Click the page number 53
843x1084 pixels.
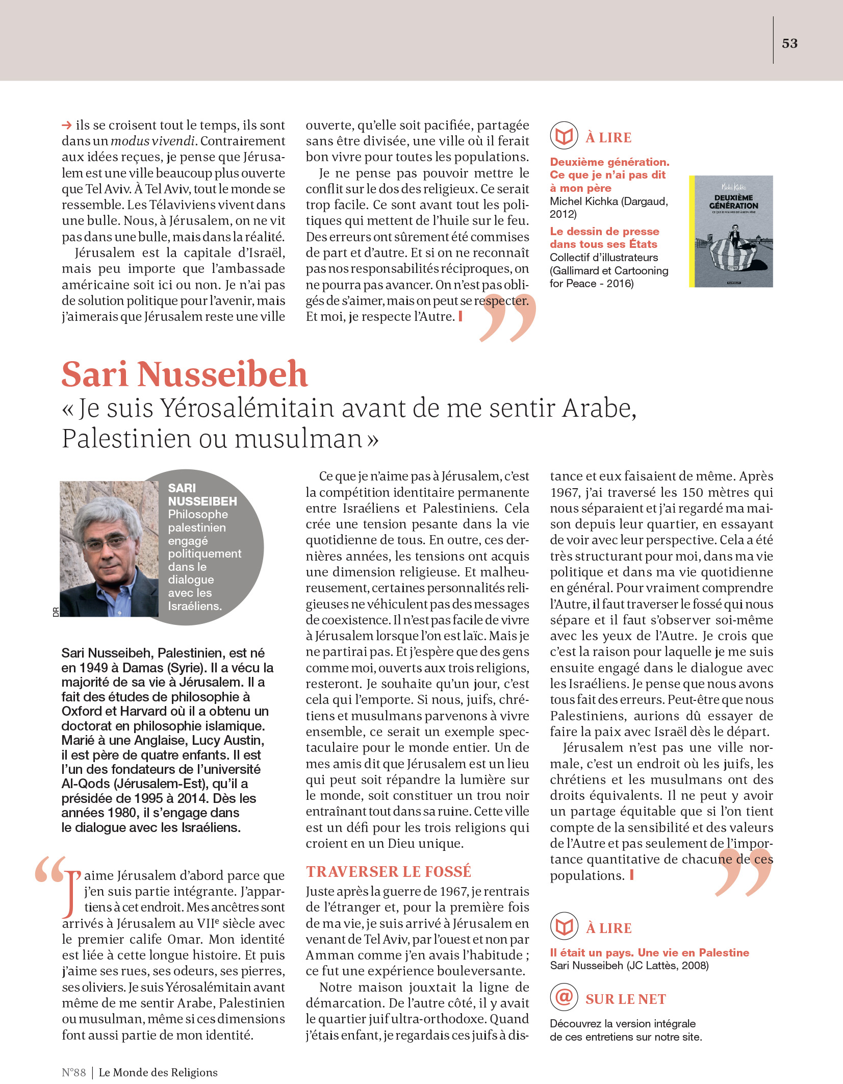pyautogui.click(x=789, y=43)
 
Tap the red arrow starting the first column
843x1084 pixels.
pyautogui.click(x=66, y=125)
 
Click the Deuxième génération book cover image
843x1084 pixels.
pyautogui.click(x=732, y=231)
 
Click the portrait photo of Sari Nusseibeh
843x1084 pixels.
pyautogui.click(x=109, y=549)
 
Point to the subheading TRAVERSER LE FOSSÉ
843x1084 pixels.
pyautogui.click(x=389, y=872)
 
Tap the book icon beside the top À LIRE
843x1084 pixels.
pyautogui.click(x=564, y=136)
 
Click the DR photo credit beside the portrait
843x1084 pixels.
pyautogui.click(x=56, y=612)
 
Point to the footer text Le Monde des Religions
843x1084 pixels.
pyautogui.click(x=158, y=1072)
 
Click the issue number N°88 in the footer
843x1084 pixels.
pyautogui.click(x=73, y=1072)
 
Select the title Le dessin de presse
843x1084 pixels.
pyautogui.click(x=604, y=232)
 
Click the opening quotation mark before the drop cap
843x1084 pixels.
pyautogui.click(x=49, y=870)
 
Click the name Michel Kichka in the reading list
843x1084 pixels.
pyautogui.click(x=584, y=201)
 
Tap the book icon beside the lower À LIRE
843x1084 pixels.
pyautogui.click(x=564, y=926)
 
